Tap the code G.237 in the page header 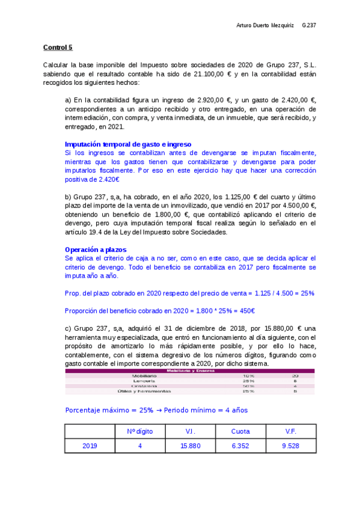coord(309,25)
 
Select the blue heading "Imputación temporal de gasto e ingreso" coord(127,144)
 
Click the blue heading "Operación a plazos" coord(95,249)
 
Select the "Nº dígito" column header coord(140,431)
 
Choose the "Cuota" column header coord(240,431)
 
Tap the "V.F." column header coord(291,431)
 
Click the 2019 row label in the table coord(90,446)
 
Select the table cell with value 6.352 coord(240,446)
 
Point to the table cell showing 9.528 coord(291,446)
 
